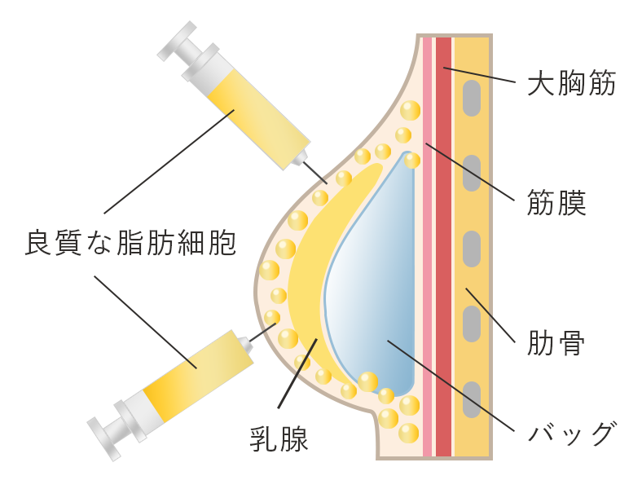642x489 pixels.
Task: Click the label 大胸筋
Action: coord(571,85)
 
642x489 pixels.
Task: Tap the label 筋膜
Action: coord(557,201)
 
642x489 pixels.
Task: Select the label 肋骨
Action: coord(557,342)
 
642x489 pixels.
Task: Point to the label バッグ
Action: coord(569,433)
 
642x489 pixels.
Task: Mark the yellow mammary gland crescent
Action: coord(314,277)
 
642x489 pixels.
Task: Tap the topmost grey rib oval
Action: coord(471,98)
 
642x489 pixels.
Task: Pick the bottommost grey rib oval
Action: coord(471,397)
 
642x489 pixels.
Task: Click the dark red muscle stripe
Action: coord(443,244)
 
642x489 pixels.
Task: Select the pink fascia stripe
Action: coord(428,244)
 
